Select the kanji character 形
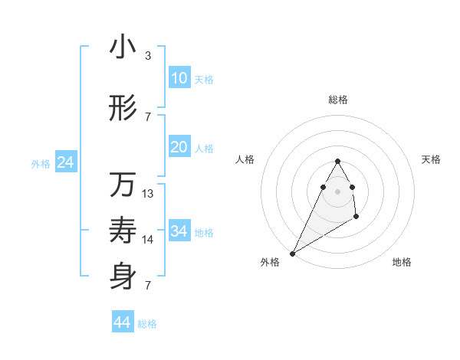tap(123, 110)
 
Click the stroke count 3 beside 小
tap(147, 56)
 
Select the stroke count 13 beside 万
tap(148, 194)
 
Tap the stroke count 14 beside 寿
tap(148, 240)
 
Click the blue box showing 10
tap(179, 78)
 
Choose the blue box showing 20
tap(179, 148)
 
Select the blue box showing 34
tap(179, 231)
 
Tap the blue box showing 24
tap(65, 162)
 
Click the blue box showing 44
tap(122, 322)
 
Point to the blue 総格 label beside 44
tap(147, 324)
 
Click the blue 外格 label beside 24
tap(41, 163)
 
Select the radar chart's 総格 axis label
tap(337, 100)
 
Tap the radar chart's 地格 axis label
tap(402, 262)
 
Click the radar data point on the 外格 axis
tap(292, 254)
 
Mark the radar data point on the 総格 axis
tap(337, 162)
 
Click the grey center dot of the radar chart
tap(337, 191)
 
